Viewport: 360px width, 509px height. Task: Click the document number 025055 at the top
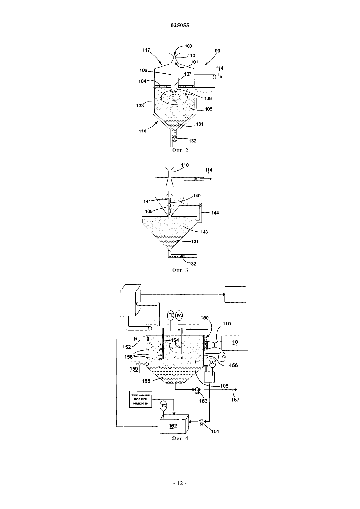pyautogui.click(x=180, y=25)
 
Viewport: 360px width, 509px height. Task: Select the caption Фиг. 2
pyautogui.click(x=180, y=150)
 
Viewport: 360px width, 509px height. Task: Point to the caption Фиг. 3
pyautogui.click(x=180, y=270)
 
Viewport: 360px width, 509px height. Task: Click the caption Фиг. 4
pyautogui.click(x=180, y=438)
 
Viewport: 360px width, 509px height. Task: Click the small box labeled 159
pyautogui.click(x=134, y=368)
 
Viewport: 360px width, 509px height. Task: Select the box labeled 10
pyautogui.click(x=235, y=343)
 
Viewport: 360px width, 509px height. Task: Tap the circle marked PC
pyautogui.click(x=180, y=316)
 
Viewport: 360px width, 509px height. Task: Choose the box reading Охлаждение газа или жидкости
pyautogui.click(x=140, y=399)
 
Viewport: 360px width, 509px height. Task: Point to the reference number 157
pyautogui.click(x=235, y=400)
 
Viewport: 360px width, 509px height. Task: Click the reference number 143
pyautogui.click(x=204, y=232)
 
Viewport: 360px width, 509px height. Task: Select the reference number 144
pyautogui.click(x=215, y=213)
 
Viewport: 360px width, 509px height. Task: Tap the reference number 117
pyautogui.click(x=146, y=50)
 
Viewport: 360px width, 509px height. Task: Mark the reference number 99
pyautogui.click(x=217, y=51)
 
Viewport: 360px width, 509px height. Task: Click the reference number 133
pyautogui.click(x=140, y=105)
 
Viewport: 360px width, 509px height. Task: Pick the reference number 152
pyautogui.click(x=127, y=347)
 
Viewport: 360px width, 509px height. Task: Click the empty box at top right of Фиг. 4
pyautogui.click(x=235, y=294)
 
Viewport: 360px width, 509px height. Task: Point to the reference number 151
pyautogui.click(x=215, y=431)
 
